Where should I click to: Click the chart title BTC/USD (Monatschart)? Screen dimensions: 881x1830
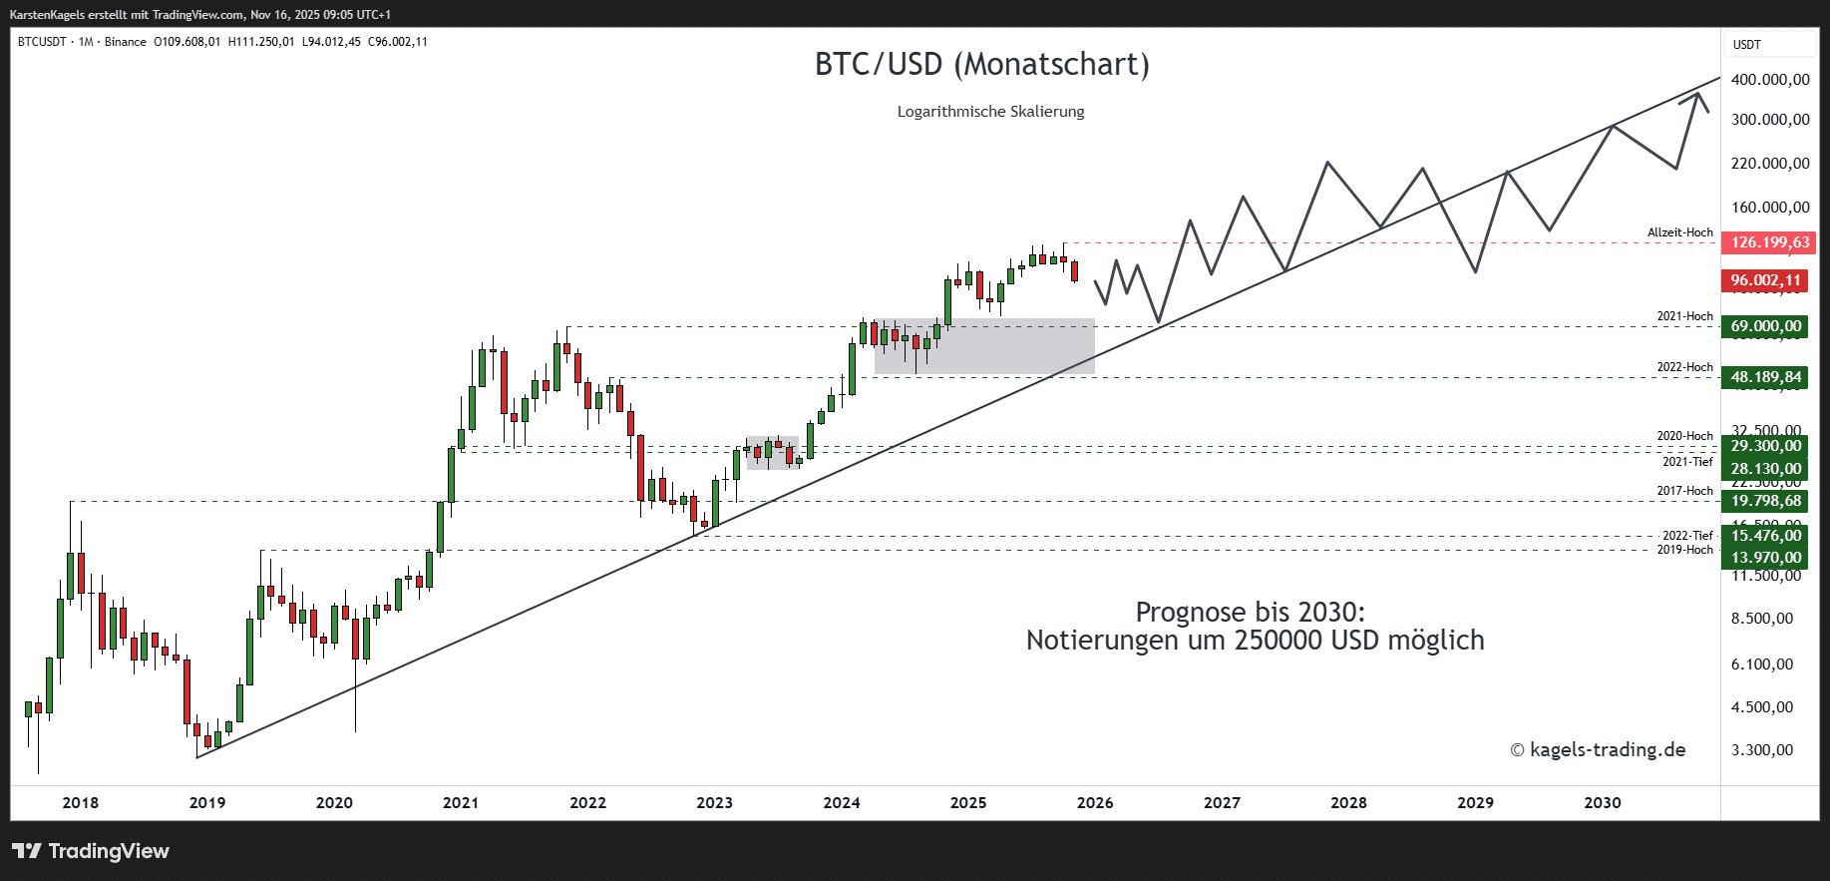(x=981, y=65)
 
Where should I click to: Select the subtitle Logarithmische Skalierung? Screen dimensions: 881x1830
(x=990, y=112)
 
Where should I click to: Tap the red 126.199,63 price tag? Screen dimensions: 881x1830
(x=1769, y=242)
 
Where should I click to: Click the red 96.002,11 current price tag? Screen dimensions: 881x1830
(x=1765, y=280)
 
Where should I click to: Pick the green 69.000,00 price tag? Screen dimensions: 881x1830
(x=1765, y=326)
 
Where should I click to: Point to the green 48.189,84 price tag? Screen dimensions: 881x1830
(x=1765, y=377)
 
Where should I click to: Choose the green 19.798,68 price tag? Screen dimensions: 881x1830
(x=1765, y=501)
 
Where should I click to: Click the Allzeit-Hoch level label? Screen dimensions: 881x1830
(x=1679, y=232)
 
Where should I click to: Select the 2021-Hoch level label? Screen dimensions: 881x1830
(x=1684, y=316)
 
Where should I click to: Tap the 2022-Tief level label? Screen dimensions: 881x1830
(x=1687, y=536)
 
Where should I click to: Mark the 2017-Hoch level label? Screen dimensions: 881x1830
(x=1684, y=491)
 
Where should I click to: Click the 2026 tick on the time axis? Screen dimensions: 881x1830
(x=1095, y=803)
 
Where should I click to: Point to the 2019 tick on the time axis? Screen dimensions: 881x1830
(x=207, y=803)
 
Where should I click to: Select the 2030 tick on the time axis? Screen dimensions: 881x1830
(x=1603, y=803)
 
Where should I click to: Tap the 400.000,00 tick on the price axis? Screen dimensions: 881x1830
(x=1770, y=80)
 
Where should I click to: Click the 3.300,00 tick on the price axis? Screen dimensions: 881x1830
(x=1762, y=750)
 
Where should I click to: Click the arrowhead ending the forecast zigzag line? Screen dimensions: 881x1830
(x=1696, y=95)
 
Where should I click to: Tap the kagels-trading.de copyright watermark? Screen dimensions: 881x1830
(x=1598, y=750)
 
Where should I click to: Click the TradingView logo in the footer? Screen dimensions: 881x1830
(x=91, y=851)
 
